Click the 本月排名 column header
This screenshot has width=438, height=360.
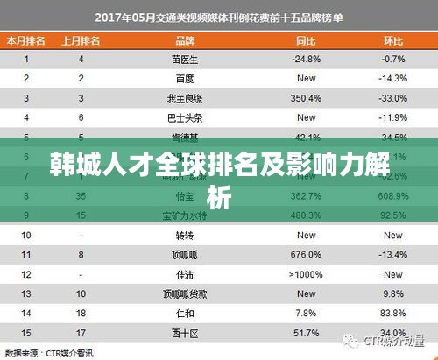[x=26, y=40]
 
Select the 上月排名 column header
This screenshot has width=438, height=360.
[x=81, y=40]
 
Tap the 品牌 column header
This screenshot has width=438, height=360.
[x=185, y=40]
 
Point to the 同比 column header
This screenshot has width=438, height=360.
[x=306, y=40]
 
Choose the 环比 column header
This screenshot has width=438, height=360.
[x=392, y=40]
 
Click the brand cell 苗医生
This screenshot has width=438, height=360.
[x=185, y=60]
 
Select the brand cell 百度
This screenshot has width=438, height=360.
[x=185, y=79]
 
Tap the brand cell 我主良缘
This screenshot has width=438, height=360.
[x=185, y=98]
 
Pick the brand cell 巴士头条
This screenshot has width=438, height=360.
[x=185, y=117]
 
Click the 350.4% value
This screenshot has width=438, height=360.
[x=306, y=98]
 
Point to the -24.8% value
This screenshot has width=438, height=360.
[x=306, y=60]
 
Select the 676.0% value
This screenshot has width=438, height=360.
[x=306, y=255]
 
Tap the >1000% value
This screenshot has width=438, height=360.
[x=306, y=274]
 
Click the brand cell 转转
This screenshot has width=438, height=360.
[x=185, y=235]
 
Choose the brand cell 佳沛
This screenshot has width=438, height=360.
[x=185, y=274]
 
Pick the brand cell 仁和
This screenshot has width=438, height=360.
[x=185, y=313]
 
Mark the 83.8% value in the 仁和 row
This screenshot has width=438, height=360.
[x=392, y=313]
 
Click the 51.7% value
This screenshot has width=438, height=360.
[x=306, y=333]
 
